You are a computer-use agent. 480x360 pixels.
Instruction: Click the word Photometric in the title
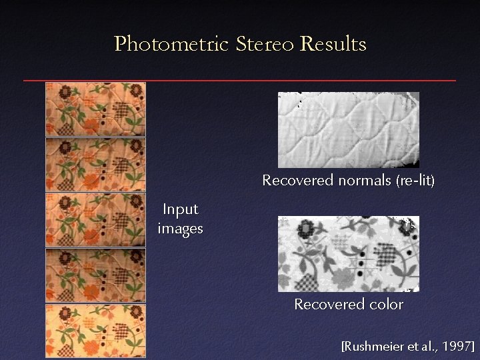pyautogui.click(x=171, y=45)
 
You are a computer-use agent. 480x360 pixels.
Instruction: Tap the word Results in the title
pyautogui.click(x=333, y=45)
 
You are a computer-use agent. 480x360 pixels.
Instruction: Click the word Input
pyautogui.click(x=181, y=209)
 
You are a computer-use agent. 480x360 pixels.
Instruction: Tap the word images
pyautogui.click(x=181, y=229)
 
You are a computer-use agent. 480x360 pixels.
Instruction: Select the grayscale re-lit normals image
pyautogui.click(x=348, y=129)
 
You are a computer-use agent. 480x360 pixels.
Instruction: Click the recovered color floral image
pyautogui.click(x=348, y=253)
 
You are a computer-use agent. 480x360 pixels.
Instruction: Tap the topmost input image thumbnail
pyautogui.click(x=95, y=109)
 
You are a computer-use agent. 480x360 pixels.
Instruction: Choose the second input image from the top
pyautogui.click(x=95, y=165)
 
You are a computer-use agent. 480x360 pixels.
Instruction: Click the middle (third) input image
pyautogui.click(x=95, y=220)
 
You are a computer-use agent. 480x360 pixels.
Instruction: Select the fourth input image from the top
pyautogui.click(x=95, y=275)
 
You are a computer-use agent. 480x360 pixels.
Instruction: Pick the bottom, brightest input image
pyautogui.click(x=95, y=331)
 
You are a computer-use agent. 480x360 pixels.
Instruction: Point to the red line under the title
pyautogui.click(x=240, y=81)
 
